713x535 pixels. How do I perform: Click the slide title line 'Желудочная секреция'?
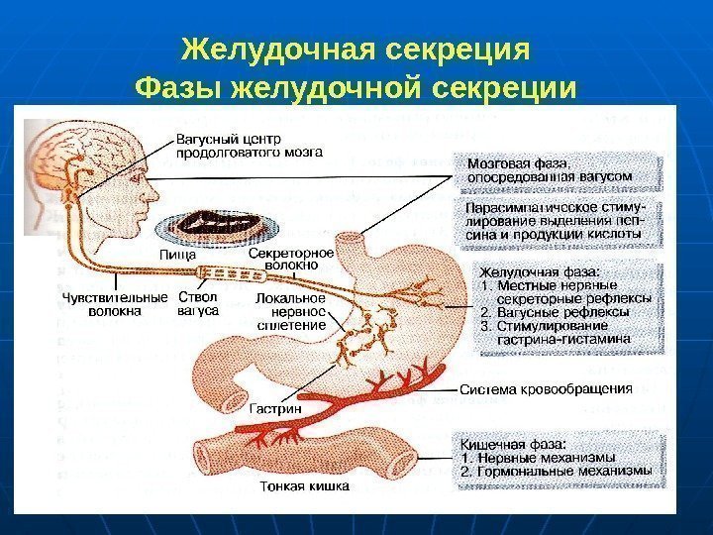point(356,49)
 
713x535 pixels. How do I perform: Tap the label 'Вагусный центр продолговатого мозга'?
point(249,145)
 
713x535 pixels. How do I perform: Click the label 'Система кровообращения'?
point(545,389)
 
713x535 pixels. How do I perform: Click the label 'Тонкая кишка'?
point(304,486)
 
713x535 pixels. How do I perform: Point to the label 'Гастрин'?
point(274,407)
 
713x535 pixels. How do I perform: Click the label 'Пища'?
point(177,255)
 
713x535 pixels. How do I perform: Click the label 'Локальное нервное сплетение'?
point(291,311)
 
